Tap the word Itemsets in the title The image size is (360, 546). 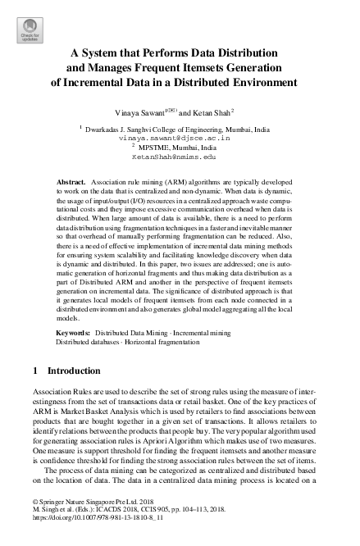210,68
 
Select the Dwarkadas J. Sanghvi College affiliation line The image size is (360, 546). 185,130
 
